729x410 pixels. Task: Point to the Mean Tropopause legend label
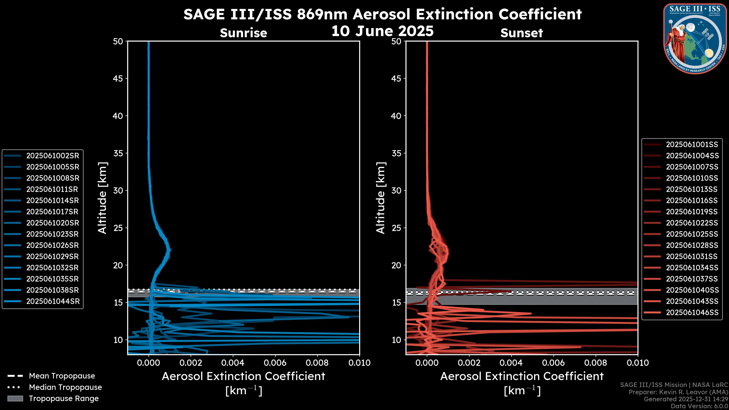click(62, 376)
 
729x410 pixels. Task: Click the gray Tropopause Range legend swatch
click(15, 398)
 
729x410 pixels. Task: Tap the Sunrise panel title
click(243, 33)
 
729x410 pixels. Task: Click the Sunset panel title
click(522, 33)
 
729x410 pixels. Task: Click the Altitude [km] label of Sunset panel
click(381, 198)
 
